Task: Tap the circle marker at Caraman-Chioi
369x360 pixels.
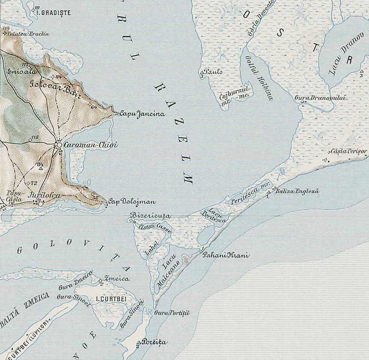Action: coord(59,146)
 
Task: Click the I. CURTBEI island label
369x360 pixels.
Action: coord(112,299)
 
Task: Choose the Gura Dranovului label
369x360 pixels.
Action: coord(320,98)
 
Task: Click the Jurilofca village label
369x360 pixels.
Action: coord(45,196)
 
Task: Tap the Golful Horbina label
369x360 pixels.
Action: coord(259,77)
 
